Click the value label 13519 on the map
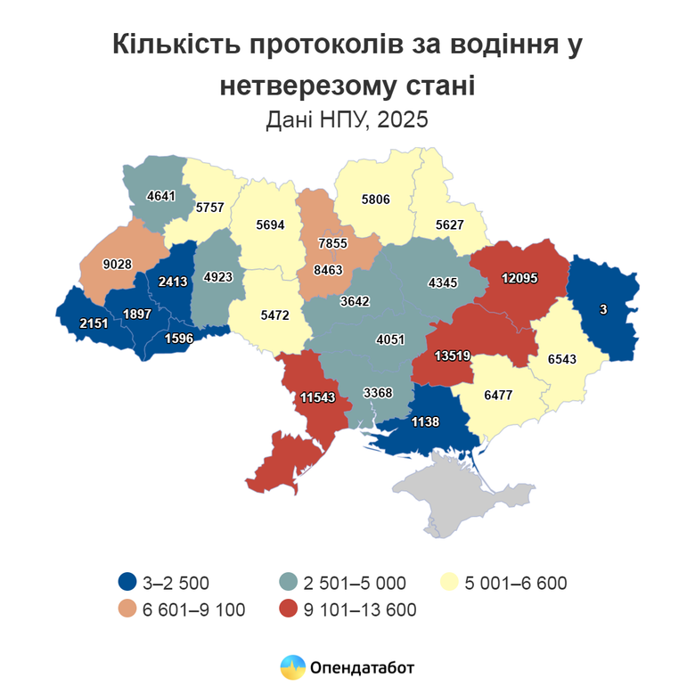tap(452, 356)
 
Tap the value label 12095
tap(519, 278)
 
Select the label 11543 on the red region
tap(317, 398)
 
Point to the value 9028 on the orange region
tap(118, 264)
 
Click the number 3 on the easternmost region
tap(603, 308)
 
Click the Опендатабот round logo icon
tap(292, 666)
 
